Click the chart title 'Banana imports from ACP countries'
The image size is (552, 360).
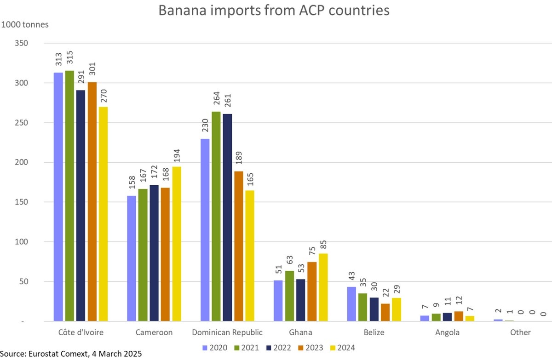pyautogui.click(x=274, y=10)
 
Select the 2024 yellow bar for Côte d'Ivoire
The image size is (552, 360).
pyautogui.click(x=103, y=214)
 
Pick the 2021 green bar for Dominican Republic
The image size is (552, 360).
pyautogui.click(x=216, y=216)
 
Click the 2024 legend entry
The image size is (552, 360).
pyautogui.click(x=341, y=347)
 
